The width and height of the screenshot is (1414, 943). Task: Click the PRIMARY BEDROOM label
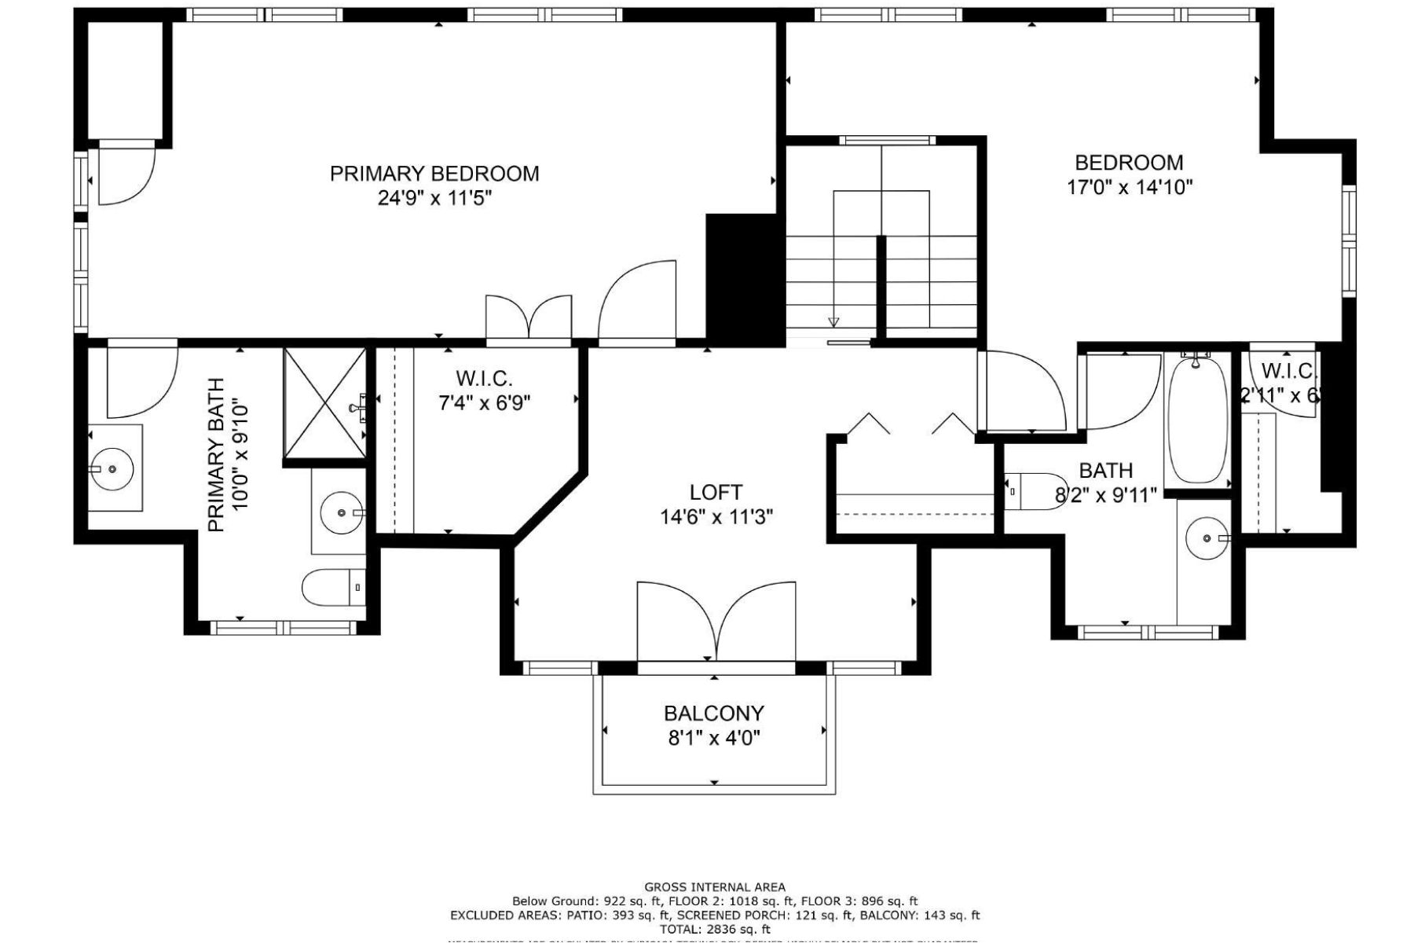coord(434,173)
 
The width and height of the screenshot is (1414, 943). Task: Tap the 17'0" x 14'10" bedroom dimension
coord(1129,187)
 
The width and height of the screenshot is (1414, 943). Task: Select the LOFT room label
coord(715,493)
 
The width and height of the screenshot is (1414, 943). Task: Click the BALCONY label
coord(713,713)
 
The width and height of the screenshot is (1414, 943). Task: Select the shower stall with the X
coord(324,402)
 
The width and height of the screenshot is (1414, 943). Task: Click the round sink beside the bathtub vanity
coord(1207,538)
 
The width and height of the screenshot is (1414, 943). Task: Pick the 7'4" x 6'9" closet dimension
coord(484,403)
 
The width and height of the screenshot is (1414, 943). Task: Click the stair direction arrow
coord(833,321)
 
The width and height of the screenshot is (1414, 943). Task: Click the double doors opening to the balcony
coord(716,622)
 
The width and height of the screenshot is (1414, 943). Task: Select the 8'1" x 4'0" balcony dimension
coord(713,738)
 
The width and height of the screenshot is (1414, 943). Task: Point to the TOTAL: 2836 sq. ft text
coord(714,929)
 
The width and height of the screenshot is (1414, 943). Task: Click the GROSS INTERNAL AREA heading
coord(714,887)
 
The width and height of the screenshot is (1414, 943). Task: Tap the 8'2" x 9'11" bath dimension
coord(1105,495)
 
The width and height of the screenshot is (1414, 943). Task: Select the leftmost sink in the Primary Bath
coord(112,468)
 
